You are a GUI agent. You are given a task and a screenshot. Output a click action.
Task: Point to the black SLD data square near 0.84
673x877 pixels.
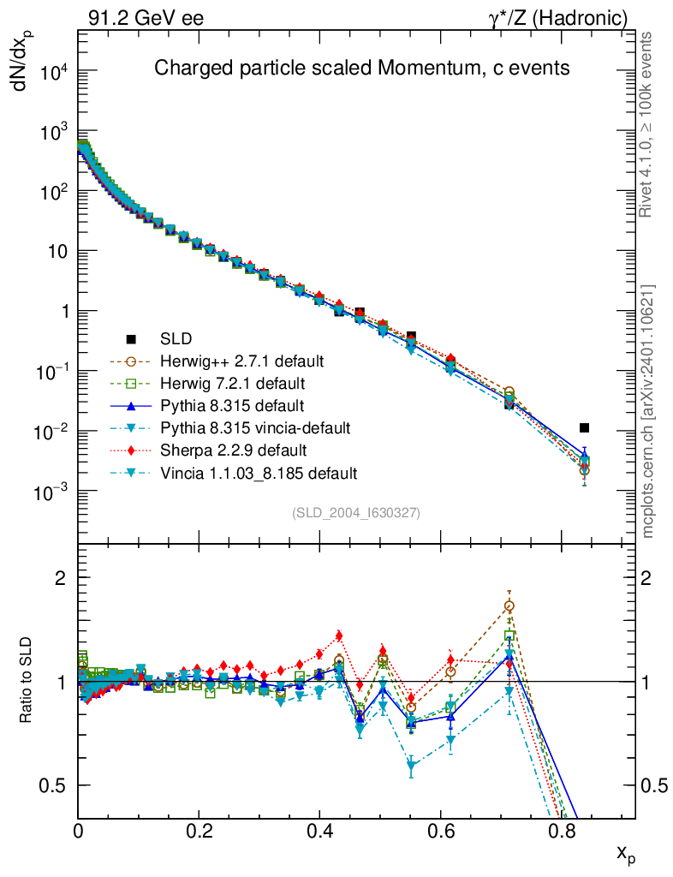584,427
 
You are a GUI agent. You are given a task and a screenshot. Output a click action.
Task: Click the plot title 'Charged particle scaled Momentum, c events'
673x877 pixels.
361,68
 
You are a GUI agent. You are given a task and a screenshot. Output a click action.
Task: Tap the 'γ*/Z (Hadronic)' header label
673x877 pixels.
557,17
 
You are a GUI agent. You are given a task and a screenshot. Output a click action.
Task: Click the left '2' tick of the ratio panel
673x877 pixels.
60,577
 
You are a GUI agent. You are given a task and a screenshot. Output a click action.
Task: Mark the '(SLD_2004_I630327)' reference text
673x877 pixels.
356,512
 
